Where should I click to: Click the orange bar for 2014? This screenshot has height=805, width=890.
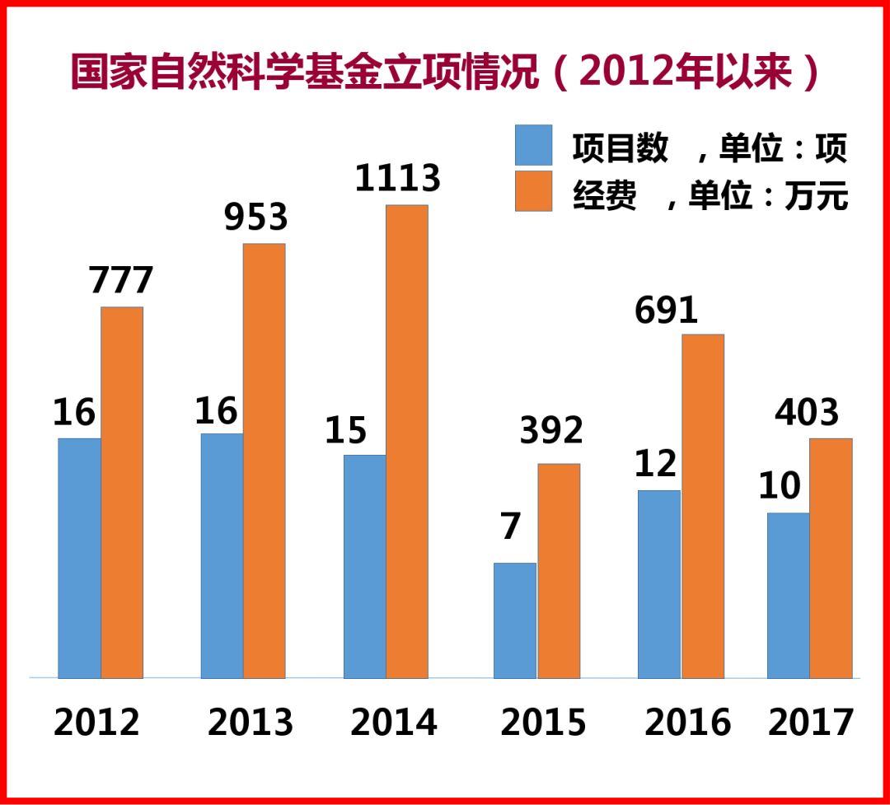pos(407,441)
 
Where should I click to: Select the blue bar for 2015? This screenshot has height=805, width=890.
pos(515,620)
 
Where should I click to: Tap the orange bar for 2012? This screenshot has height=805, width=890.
pos(122,492)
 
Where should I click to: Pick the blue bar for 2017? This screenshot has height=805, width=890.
pos(788,595)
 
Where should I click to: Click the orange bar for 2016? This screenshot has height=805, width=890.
pos(703,505)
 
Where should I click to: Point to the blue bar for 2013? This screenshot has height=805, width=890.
pos(222,555)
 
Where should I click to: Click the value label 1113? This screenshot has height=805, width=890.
pos(398,178)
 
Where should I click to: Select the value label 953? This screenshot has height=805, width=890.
pos(256,217)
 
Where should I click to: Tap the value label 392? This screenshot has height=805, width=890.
pos(550,430)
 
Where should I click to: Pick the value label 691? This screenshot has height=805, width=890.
pos(666,310)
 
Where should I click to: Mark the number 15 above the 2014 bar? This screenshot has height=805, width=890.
pos(345,430)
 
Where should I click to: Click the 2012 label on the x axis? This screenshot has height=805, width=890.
pos(96,723)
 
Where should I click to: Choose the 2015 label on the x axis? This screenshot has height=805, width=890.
pos(543,723)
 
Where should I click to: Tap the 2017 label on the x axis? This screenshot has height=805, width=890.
pos(811,723)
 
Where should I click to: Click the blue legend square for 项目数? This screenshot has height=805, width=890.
pos(533,146)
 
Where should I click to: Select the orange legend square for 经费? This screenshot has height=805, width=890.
pos(533,191)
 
